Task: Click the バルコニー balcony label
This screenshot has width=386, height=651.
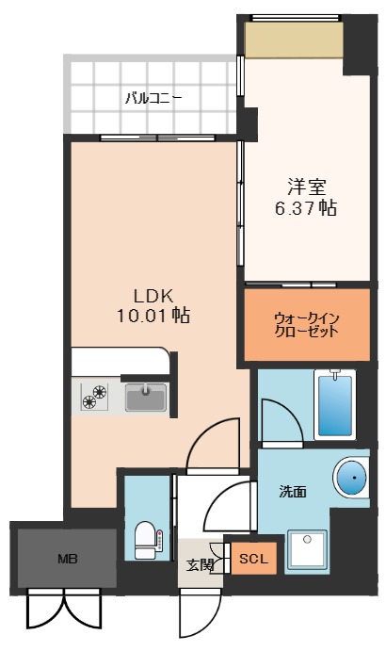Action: pyautogui.click(x=153, y=97)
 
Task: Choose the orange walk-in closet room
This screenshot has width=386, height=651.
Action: pyautogui.click(x=306, y=324)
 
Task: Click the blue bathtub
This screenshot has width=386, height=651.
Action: pyautogui.click(x=334, y=403)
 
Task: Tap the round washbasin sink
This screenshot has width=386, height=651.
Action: pyautogui.click(x=351, y=479)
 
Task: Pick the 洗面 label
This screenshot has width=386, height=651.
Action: pyautogui.click(x=292, y=491)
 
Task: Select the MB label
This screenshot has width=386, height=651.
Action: pyautogui.click(x=67, y=559)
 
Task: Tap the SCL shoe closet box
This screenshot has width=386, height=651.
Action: pyautogui.click(x=252, y=559)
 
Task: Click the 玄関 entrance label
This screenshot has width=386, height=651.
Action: pyautogui.click(x=200, y=565)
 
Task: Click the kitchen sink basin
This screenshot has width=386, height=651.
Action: pyautogui.click(x=146, y=398)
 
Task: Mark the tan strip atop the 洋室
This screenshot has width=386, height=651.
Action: pyautogui.click(x=293, y=40)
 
